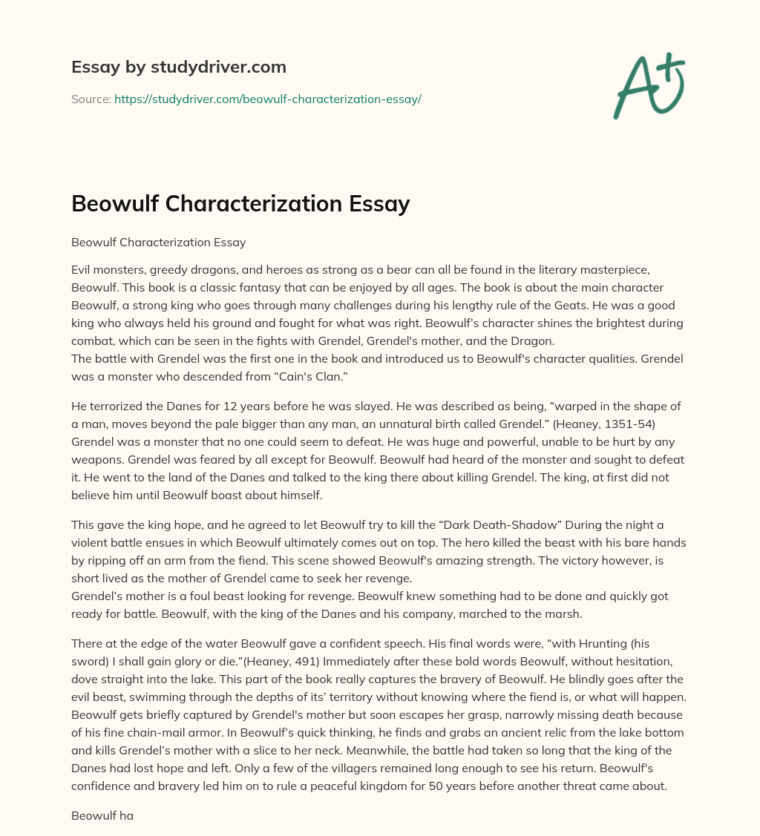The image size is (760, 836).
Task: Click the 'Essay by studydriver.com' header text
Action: tap(178, 68)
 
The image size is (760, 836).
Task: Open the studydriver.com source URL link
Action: tap(267, 99)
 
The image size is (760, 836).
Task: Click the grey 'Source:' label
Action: tap(91, 99)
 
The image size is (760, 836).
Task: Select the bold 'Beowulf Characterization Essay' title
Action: tap(240, 203)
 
